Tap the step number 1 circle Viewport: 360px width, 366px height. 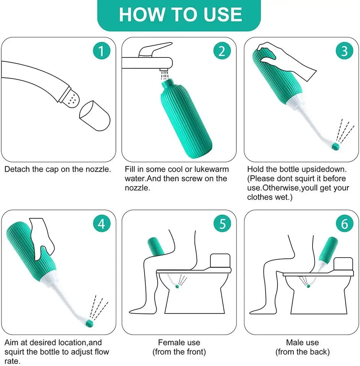101,51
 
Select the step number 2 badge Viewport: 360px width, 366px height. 222,51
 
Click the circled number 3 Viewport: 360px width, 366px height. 344,51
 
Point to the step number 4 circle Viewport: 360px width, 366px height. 101,224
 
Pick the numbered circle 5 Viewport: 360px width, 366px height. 222,224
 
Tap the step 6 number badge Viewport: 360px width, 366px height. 344,224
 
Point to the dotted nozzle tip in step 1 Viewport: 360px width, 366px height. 70,97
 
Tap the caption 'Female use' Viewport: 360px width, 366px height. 179,342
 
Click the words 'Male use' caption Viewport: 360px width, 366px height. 302,342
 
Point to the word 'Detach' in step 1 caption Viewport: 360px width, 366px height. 16,169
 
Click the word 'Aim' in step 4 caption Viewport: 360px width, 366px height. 11,342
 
